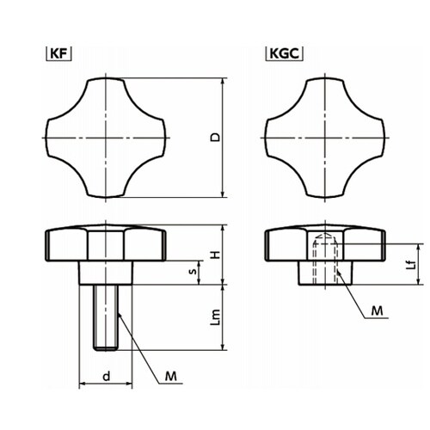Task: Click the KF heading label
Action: (58, 53)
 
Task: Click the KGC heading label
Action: (285, 53)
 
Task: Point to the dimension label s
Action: (193, 271)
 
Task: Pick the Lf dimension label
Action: (411, 265)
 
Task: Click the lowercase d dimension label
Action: (107, 376)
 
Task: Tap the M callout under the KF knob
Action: (170, 376)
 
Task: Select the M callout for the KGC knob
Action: (377, 310)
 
